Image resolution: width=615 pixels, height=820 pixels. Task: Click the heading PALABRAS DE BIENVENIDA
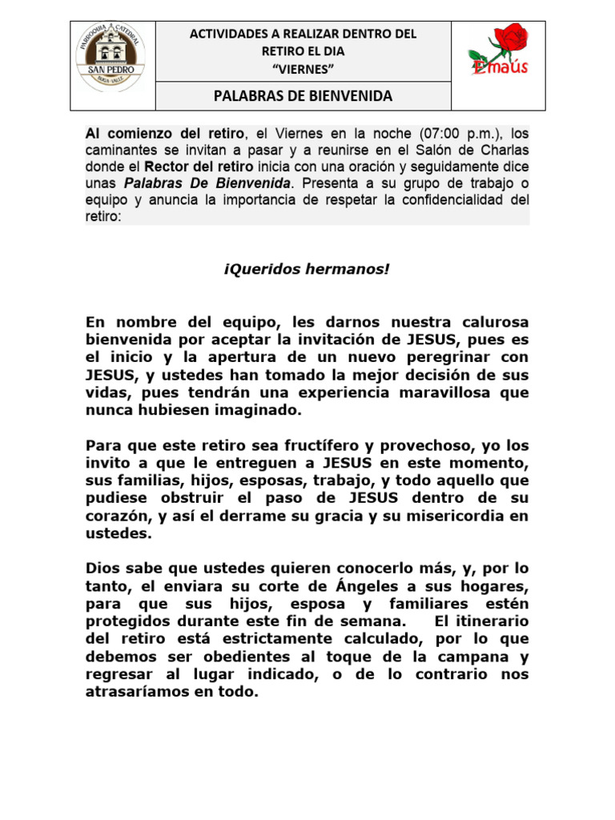point(303,97)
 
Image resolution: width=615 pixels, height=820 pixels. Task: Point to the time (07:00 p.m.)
point(462,133)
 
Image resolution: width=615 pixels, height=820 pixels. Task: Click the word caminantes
point(125,151)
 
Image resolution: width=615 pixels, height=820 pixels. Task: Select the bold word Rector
point(166,167)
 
